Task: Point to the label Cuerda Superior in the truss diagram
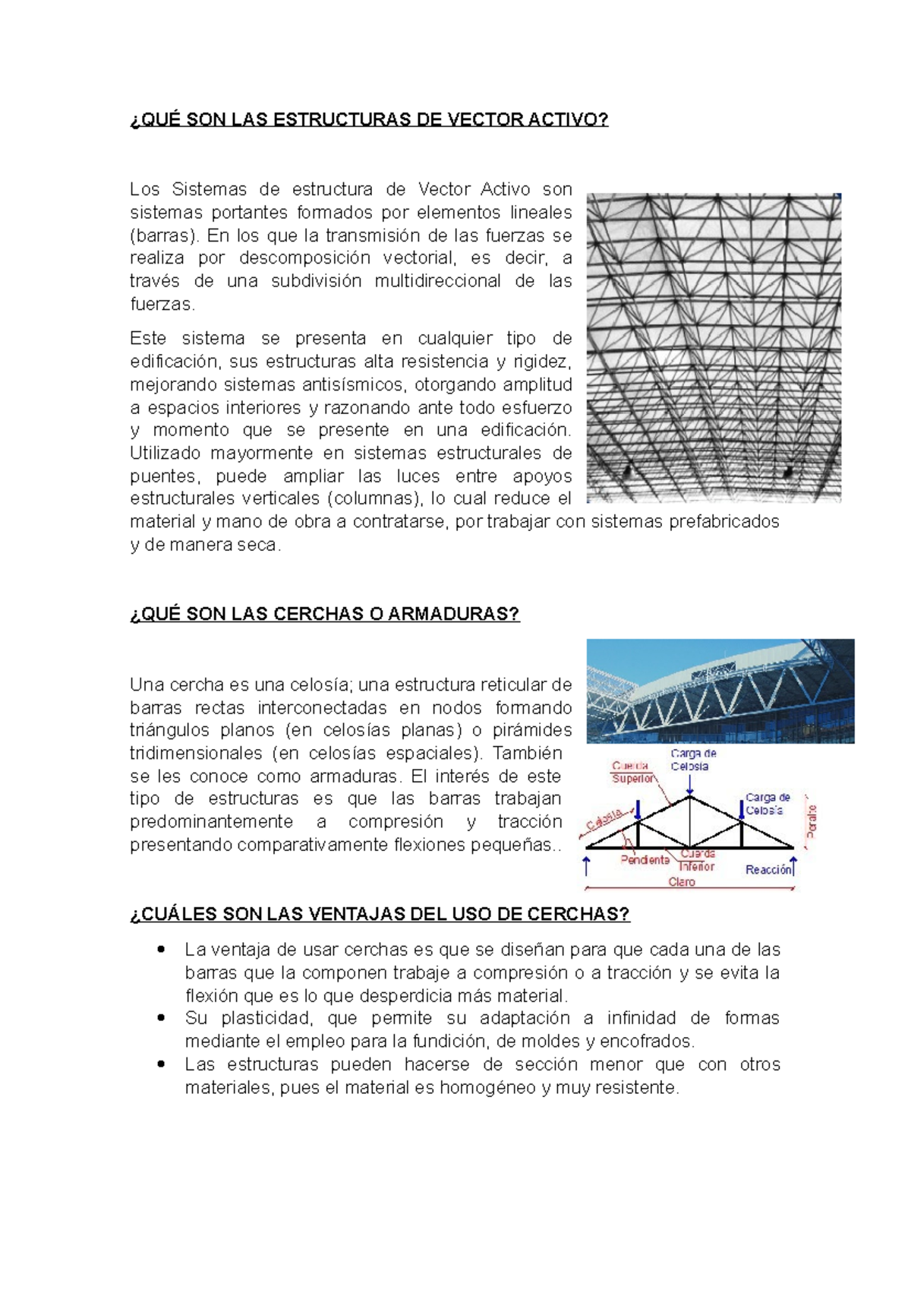coord(632,772)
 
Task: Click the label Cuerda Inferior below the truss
coord(697,860)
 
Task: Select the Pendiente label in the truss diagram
coord(645,860)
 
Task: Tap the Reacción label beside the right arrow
coord(768,870)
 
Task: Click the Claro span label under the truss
coord(681,882)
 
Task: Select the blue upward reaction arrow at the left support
coord(587,865)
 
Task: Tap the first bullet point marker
coord(161,949)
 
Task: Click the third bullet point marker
coord(161,1064)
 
